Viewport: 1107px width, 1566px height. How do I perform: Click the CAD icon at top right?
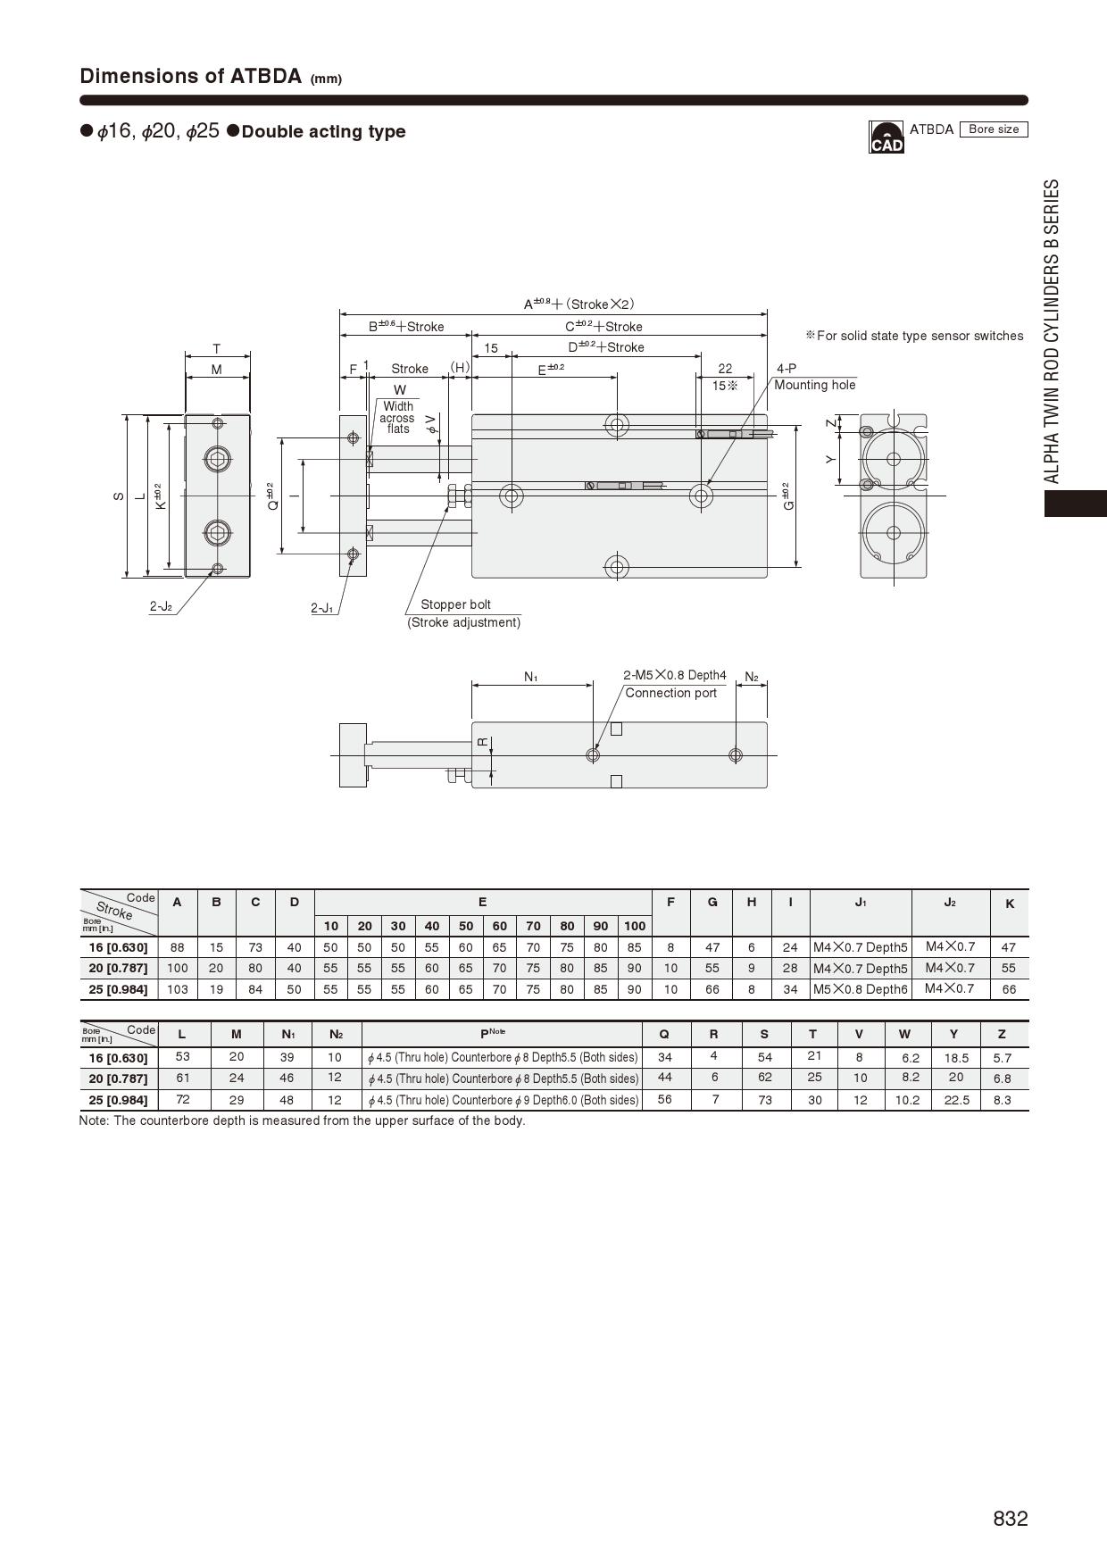point(886,137)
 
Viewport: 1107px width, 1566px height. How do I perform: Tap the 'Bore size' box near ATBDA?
point(994,129)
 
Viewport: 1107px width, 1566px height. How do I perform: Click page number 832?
point(1011,1519)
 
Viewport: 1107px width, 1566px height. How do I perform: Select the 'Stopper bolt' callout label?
point(455,604)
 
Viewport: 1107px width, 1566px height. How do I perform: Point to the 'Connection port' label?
point(670,693)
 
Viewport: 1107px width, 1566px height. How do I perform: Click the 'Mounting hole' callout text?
point(814,385)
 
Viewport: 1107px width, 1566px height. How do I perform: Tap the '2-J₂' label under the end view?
point(161,607)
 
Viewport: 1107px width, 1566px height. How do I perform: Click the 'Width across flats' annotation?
point(397,418)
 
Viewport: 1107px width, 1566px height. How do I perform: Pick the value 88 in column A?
point(177,947)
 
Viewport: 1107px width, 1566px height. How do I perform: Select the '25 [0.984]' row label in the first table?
point(118,989)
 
